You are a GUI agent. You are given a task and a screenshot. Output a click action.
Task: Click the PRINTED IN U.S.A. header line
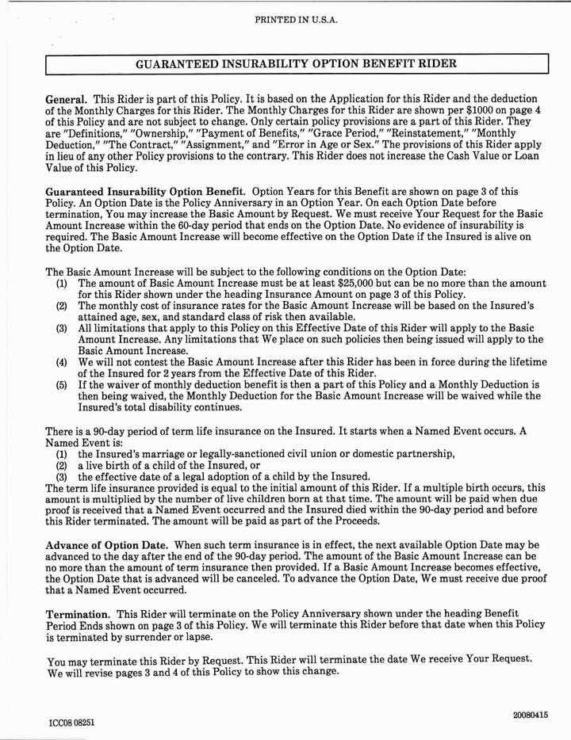[297, 20]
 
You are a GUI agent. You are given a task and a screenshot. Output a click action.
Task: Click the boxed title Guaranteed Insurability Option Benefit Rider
[297, 63]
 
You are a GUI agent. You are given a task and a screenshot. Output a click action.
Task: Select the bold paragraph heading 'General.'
[67, 98]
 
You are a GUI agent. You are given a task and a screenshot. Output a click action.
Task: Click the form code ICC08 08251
[72, 723]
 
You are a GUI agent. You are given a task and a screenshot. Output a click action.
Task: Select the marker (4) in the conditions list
[62, 361]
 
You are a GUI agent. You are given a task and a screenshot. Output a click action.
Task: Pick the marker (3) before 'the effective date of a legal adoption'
[62, 476]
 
